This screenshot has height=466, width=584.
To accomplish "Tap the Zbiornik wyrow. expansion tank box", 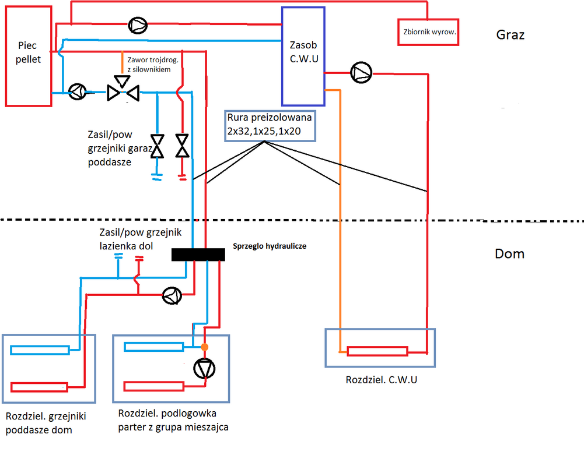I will point(428,33).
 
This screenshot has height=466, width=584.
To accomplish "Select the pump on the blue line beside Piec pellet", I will point(77,92).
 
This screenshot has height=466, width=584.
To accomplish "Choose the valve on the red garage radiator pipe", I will point(183,145).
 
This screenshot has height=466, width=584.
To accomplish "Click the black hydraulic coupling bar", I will point(198,255).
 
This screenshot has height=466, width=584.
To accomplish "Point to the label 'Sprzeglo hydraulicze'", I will point(269,246).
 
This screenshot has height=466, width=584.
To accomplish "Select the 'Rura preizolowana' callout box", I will point(270,125).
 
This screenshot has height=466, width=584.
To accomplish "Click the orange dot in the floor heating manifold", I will point(204,347).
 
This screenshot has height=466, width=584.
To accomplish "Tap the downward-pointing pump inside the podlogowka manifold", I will point(204,369).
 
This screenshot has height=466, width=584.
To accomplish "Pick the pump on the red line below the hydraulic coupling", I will point(172,295).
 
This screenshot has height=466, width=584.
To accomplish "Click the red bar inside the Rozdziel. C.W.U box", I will point(377,351).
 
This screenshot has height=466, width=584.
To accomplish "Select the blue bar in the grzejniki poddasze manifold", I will point(40,349).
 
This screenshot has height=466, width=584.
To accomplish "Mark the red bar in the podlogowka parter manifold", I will point(154,386).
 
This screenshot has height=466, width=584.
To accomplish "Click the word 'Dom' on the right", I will point(509,254).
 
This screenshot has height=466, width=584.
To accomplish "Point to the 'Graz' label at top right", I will point(510,35).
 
